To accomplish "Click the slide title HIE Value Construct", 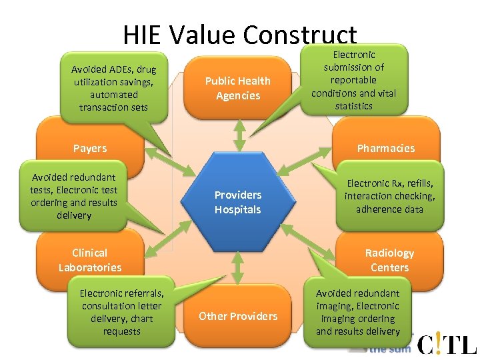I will coord(240,35).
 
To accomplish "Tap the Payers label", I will coord(90,148).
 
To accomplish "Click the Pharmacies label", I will coord(385,148).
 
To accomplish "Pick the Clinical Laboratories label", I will coord(90,260).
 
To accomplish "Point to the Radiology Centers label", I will coord(389,260).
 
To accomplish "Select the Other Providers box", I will coord(237,316).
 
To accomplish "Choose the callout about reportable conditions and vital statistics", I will coord(353,80).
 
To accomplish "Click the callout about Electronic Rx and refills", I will coord(389,196).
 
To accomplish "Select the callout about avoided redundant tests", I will coord(73,196).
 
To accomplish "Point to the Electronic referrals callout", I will coord(121,312).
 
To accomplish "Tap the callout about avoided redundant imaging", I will coord(357,312).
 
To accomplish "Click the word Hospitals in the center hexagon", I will coord(237,209).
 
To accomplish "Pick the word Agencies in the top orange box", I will coord(237,95).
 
